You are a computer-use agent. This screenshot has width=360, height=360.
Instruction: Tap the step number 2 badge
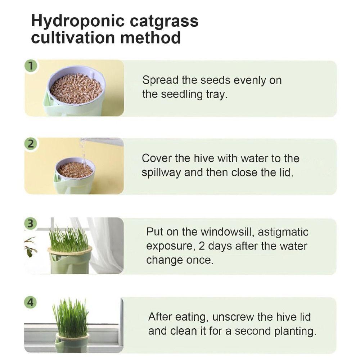click(32, 144)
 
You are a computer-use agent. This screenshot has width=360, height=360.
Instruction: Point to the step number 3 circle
click(32, 223)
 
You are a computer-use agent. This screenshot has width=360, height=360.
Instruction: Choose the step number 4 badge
click(32, 302)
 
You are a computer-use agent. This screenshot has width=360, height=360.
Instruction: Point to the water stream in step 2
click(83, 151)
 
